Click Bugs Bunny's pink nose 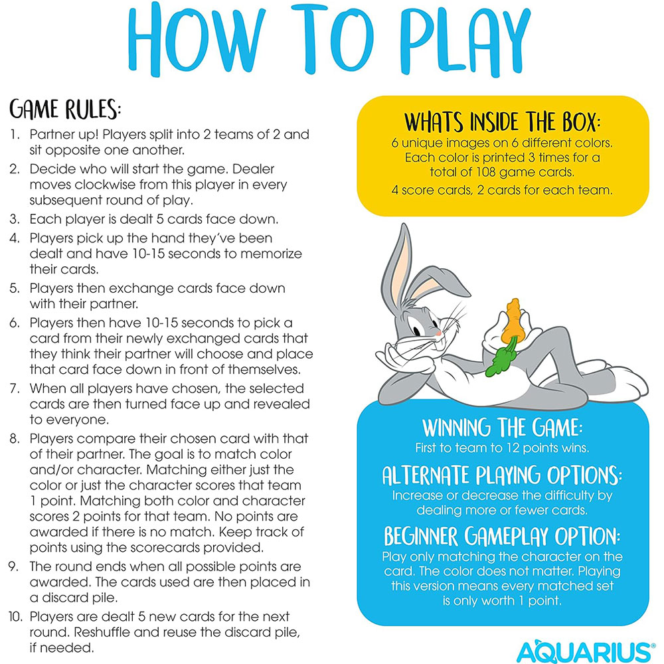tap(437, 330)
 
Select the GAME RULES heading tap(65, 109)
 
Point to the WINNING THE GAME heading tap(502, 426)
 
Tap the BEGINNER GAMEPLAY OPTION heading tap(503, 536)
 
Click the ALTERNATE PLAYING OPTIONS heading tap(503, 475)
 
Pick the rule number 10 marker tap(16, 617)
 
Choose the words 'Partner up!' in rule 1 tap(61, 134)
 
